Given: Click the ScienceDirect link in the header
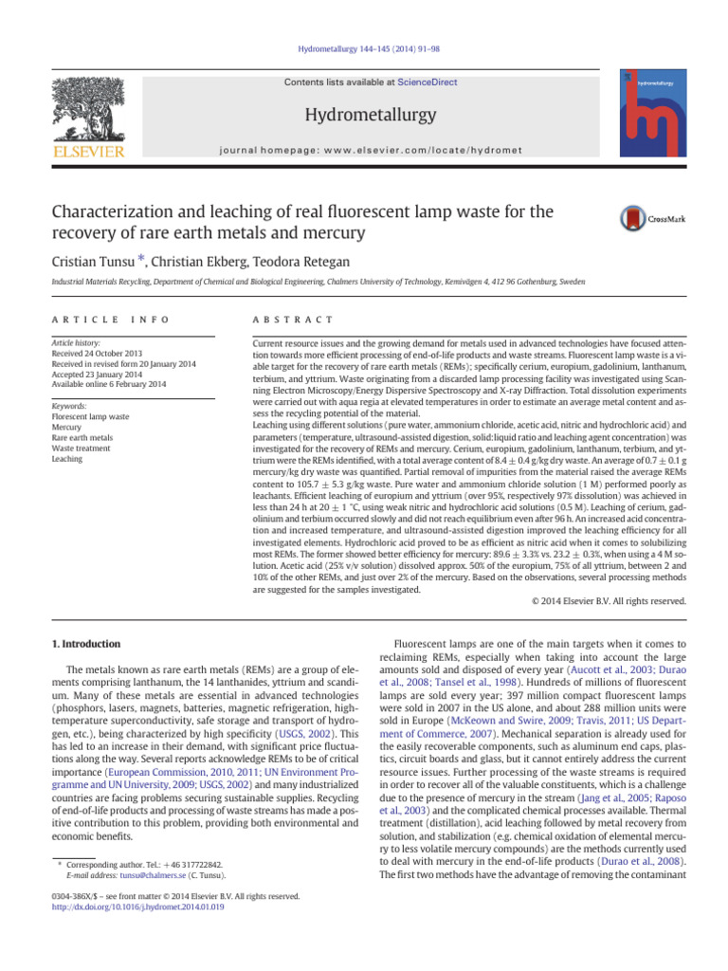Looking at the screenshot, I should tap(427, 82).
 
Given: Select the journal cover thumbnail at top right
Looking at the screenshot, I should tap(654, 112).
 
